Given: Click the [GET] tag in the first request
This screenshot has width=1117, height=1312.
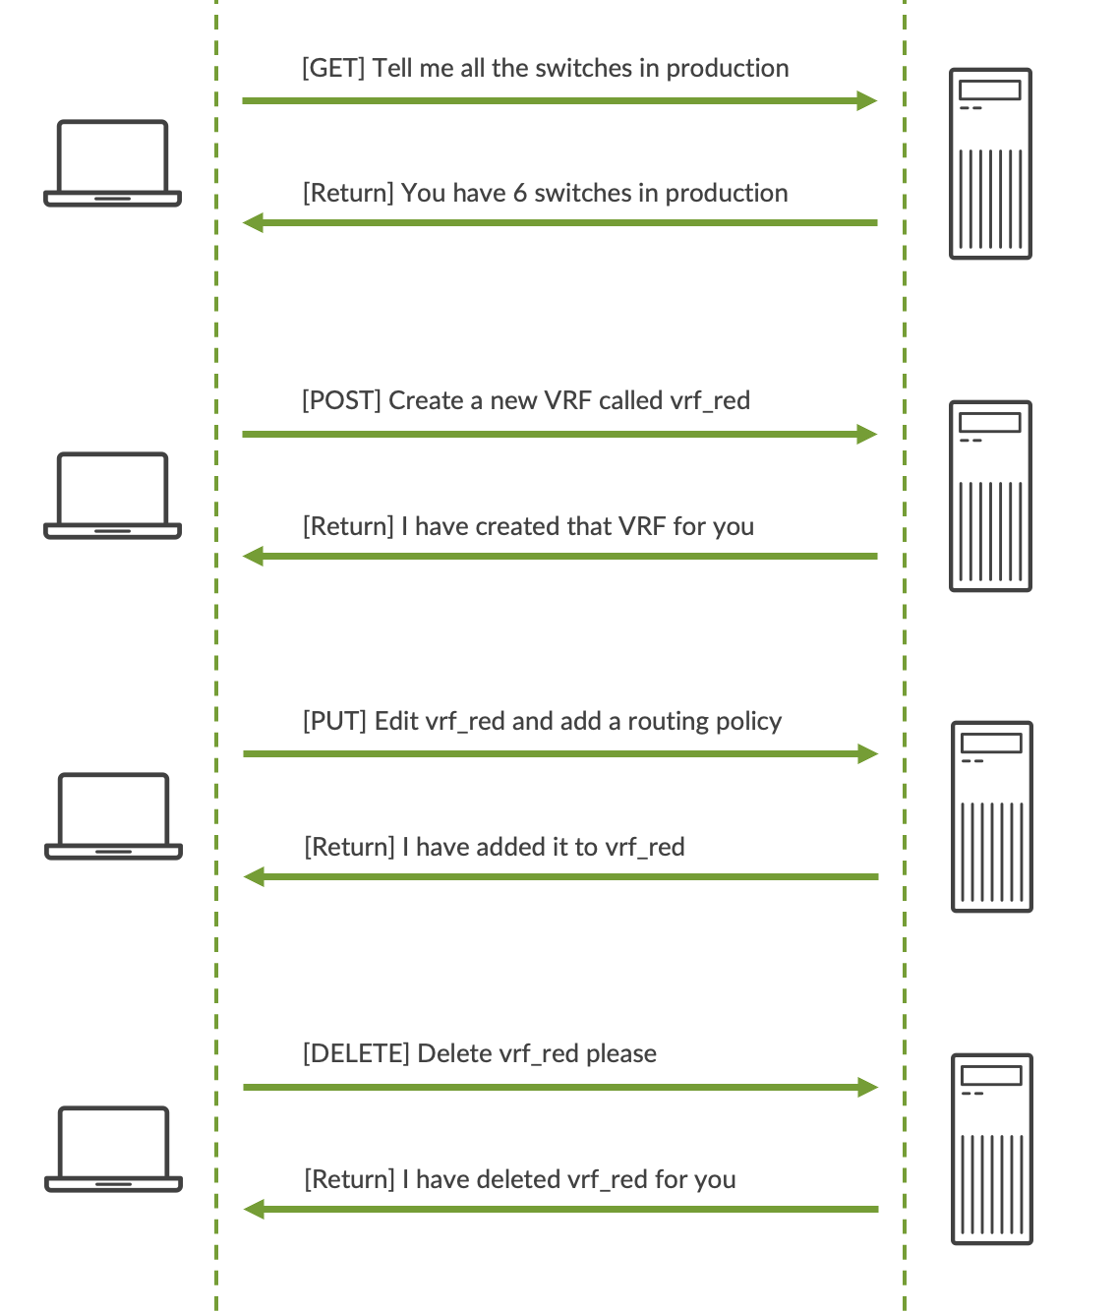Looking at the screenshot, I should tap(333, 68).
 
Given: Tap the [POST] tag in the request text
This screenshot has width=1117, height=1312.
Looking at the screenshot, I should tap(341, 400).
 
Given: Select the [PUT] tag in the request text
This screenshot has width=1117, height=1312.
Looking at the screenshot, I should tap(334, 721).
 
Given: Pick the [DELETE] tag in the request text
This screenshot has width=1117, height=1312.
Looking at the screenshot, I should tap(356, 1053).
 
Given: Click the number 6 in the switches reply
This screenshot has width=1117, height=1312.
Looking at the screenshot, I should tap(520, 193).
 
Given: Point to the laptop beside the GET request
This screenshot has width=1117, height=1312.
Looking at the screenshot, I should tap(112, 163).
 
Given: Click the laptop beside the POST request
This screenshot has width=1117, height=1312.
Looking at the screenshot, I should tap(112, 496).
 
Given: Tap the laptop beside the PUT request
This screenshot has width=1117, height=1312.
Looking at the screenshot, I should tap(113, 816).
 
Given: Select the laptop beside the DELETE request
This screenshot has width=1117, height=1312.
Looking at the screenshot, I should tap(113, 1149).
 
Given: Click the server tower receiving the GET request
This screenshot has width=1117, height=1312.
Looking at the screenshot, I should tap(990, 163).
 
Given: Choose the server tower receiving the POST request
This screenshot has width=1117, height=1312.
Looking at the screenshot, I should tap(990, 496).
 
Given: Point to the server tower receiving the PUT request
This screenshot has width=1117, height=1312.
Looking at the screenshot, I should tap(991, 816).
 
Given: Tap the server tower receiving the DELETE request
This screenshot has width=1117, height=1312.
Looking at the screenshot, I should tap(991, 1149).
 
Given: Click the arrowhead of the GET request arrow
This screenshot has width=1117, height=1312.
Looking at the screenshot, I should tap(867, 100).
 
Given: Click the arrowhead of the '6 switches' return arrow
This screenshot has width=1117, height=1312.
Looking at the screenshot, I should tap(254, 223).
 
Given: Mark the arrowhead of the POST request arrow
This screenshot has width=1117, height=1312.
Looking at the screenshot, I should tap(867, 434).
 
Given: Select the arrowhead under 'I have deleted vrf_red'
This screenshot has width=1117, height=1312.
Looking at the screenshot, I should tap(255, 1209).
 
